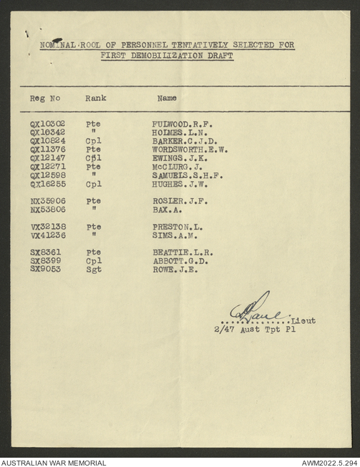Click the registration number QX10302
pyautogui.click(x=47, y=124)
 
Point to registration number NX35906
pyautogui.click(x=47, y=201)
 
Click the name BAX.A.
pyautogui.click(x=163, y=210)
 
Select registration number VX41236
pyautogui.click(x=47, y=235)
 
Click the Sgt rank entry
pyautogui.click(x=93, y=270)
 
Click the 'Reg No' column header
pyautogui.click(x=44, y=98)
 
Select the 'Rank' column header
pyautogui.click(x=95, y=98)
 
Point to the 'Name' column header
pyautogui.click(x=167, y=98)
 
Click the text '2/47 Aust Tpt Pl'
pyautogui.click(x=254, y=330)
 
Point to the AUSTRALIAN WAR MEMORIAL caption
pyautogui.click(x=54, y=462)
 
